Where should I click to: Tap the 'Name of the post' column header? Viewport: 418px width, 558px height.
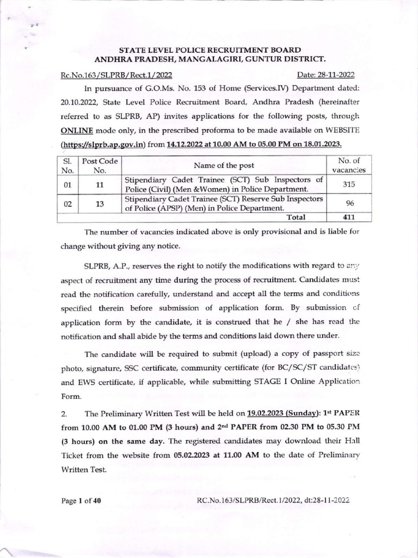[223, 165]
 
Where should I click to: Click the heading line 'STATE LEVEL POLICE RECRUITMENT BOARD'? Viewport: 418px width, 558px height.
[210, 50]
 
